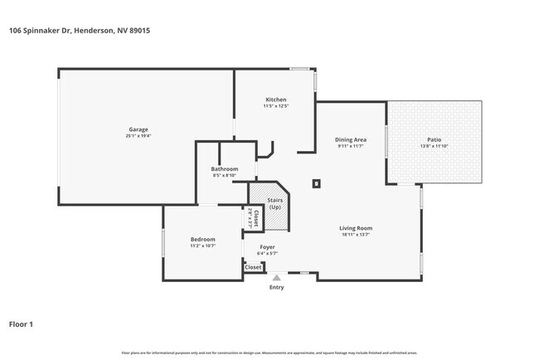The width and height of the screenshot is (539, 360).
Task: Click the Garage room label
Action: coord(138,129)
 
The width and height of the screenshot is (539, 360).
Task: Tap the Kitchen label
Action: coord(275,100)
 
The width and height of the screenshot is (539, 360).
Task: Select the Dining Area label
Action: coord(351,139)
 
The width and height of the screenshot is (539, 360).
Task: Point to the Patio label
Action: coord(435,139)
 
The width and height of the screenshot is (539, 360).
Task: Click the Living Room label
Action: coord(355,228)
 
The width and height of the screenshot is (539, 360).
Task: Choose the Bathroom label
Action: coord(225,168)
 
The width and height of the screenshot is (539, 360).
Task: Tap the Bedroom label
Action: coord(203,239)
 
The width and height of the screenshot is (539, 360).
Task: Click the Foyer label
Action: coord(267,246)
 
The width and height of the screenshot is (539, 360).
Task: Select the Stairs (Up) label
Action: coord(274,203)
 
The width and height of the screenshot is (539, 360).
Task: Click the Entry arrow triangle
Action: coord(277,279)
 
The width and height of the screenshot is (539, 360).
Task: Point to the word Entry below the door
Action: coord(277,288)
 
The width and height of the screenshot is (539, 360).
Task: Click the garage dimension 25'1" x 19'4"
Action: coord(138,135)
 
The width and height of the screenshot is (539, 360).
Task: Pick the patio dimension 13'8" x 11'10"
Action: coord(435,146)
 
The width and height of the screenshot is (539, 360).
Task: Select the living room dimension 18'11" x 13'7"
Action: coord(355,235)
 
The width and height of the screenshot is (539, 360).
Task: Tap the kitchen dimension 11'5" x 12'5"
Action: coord(275,106)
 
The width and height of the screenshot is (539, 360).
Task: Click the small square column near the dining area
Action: coord(316,183)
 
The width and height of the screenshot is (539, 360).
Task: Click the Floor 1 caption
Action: coord(22,324)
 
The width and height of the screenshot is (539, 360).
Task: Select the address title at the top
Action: coord(79,31)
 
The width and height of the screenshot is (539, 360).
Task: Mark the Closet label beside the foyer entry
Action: coord(253,267)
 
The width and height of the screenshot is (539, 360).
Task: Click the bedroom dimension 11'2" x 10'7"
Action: coord(203,246)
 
